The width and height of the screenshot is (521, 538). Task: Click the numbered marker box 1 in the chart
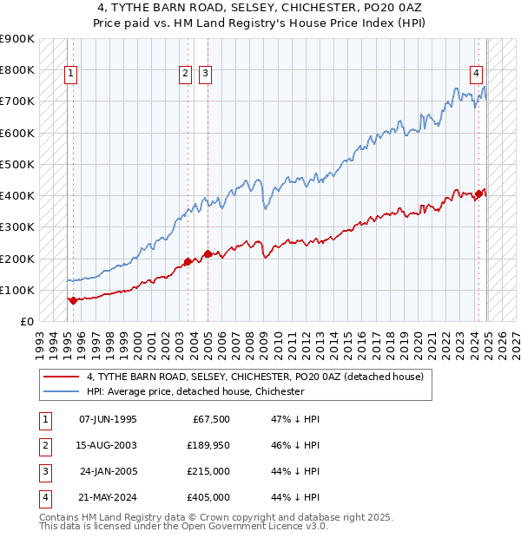click(x=69, y=75)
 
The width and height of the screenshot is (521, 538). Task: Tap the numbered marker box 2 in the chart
click(x=186, y=75)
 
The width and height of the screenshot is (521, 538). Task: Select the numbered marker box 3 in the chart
click(x=205, y=75)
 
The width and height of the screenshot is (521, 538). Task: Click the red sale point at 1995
click(x=73, y=300)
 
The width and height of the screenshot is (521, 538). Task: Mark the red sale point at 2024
click(x=478, y=194)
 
